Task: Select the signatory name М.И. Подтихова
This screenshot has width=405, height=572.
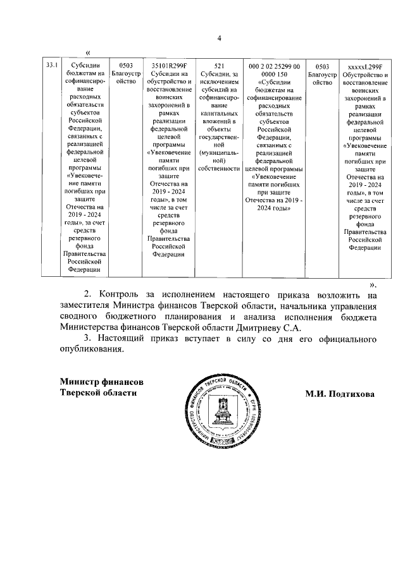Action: (340, 394)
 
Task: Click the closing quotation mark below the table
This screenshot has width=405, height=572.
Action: (373, 284)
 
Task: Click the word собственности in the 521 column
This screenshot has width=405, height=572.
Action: (219, 169)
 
